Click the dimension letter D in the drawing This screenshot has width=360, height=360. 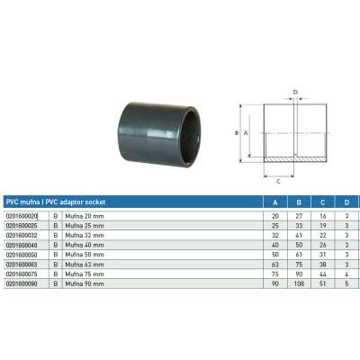pyautogui.click(x=294, y=91)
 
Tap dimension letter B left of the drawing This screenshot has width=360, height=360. pyautogui.click(x=237, y=132)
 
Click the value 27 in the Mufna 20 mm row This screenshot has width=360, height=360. pyautogui.click(x=299, y=217)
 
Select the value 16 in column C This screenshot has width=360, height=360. pyautogui.click(x=323, y=217)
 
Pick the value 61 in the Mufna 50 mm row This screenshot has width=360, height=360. pyautogui.click(x=299, y=255)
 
